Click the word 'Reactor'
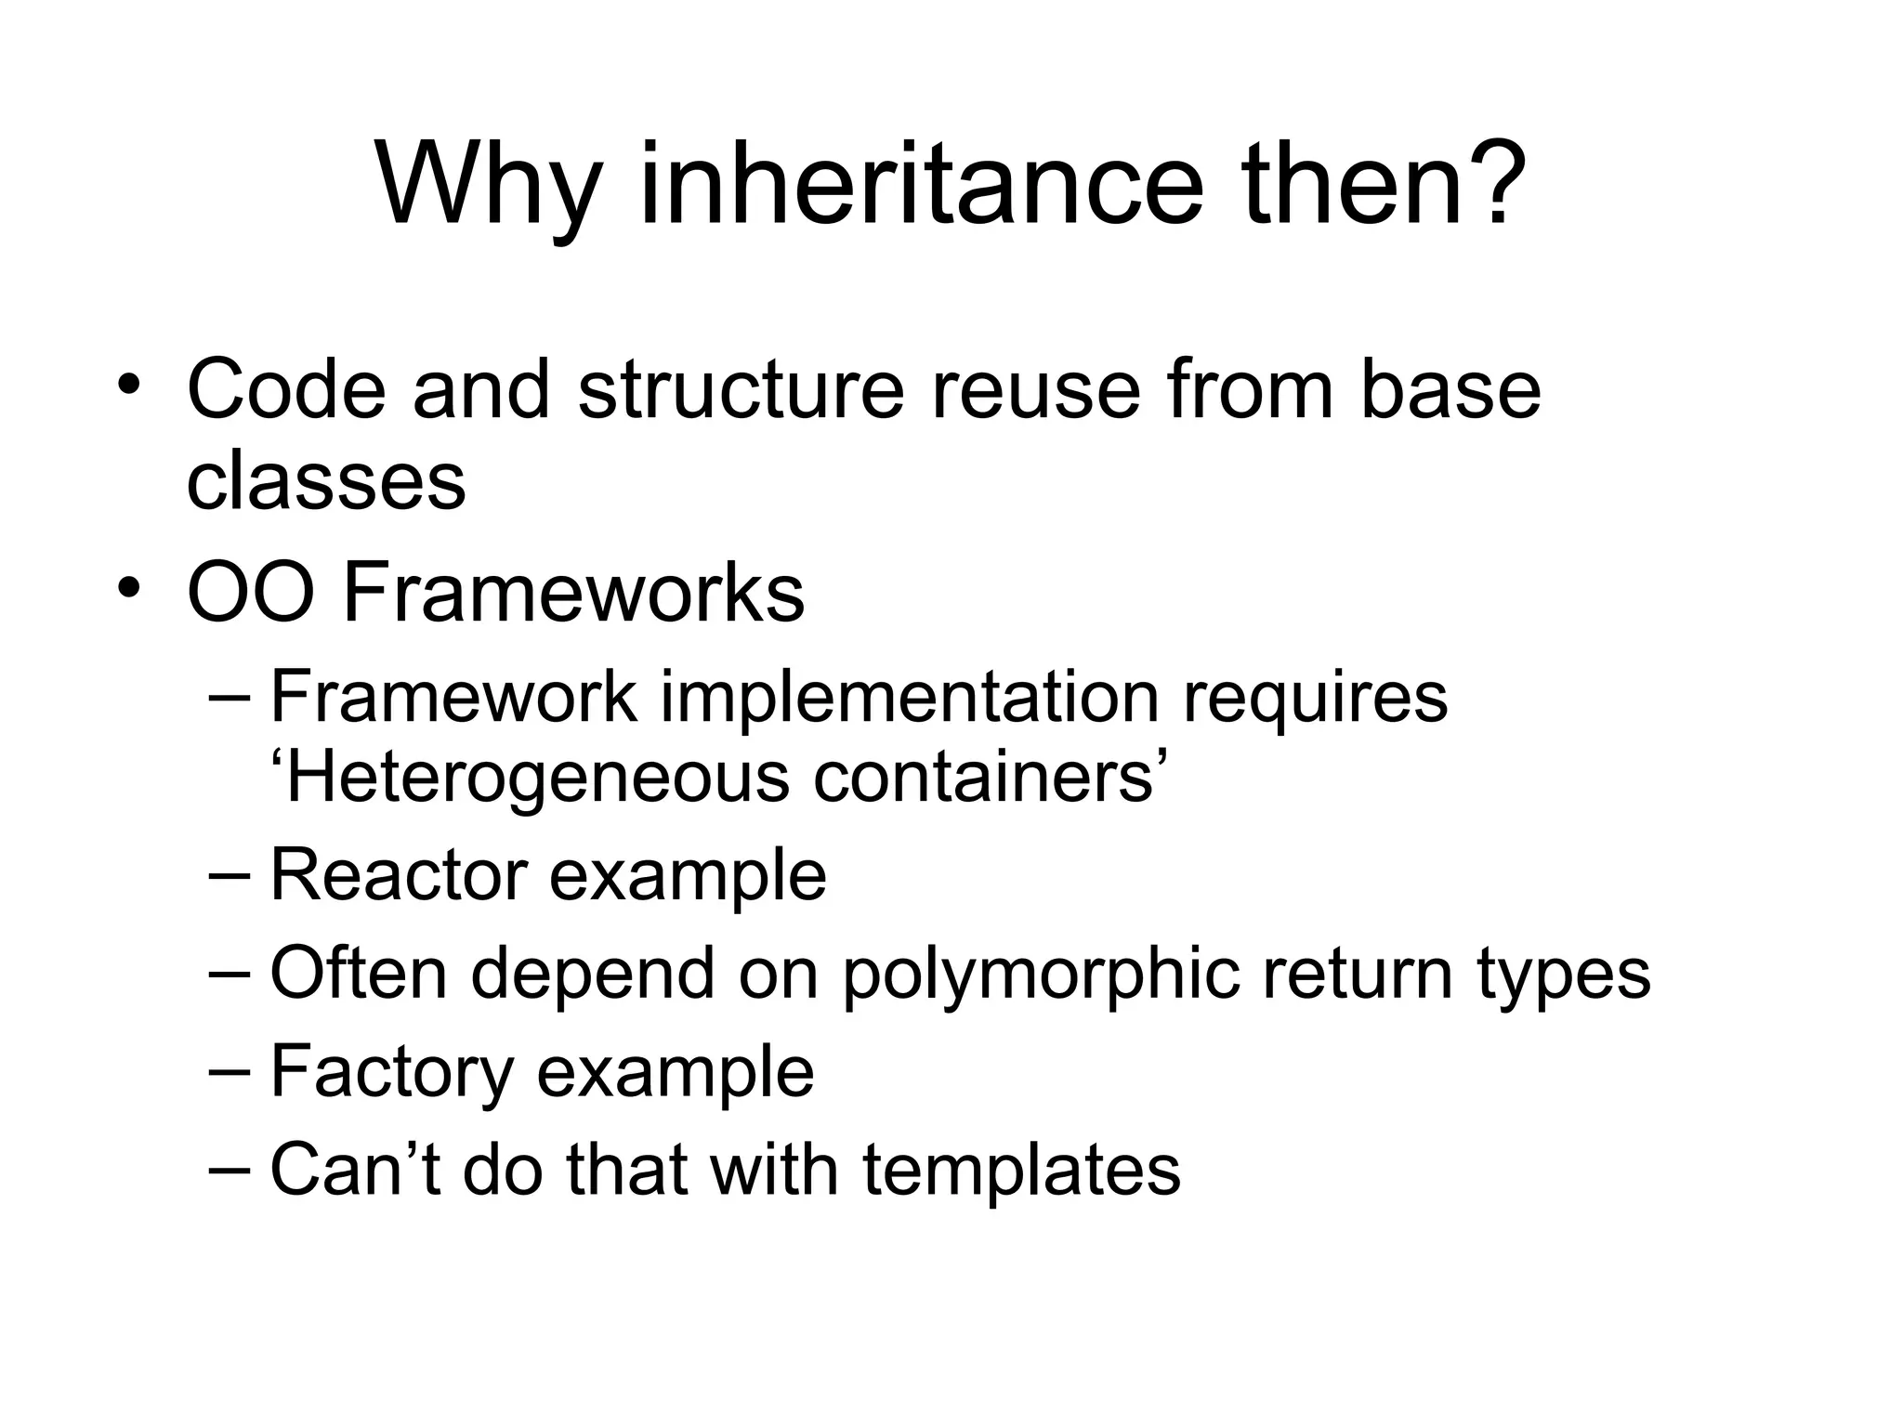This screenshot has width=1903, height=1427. tap(397, 874)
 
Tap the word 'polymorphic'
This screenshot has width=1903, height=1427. tap(1041, 975)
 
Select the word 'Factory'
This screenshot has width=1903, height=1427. tap(391, 1072)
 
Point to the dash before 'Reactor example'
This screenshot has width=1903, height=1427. tap(230, 875)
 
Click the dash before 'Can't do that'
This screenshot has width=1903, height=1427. tap(230, 1169)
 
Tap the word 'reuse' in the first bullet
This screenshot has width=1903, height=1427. tap(1035, 389)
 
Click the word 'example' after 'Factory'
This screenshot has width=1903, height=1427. tap(676, 1072)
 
